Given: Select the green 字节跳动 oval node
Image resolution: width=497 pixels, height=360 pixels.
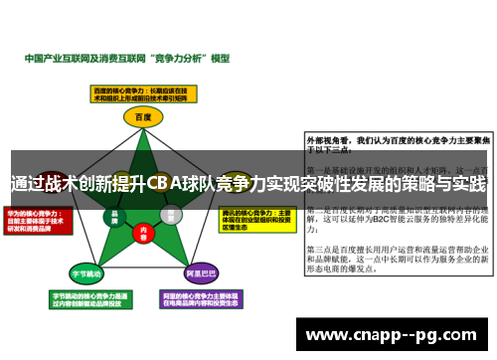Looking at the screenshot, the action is point(85,272).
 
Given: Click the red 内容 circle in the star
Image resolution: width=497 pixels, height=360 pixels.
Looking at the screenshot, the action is point(142,230).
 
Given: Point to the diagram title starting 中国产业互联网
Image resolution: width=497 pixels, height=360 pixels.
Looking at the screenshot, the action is point(126,59).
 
